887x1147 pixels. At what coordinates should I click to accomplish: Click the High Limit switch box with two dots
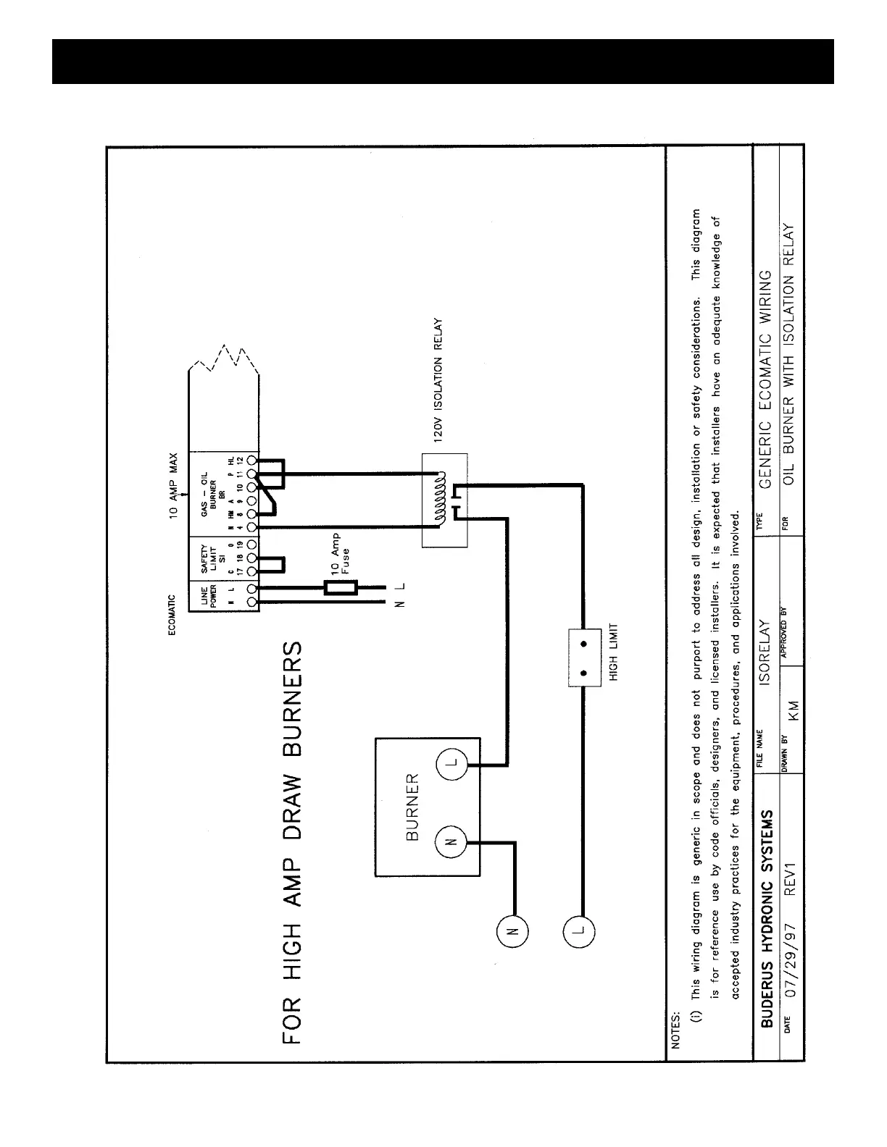[x=585, y=657]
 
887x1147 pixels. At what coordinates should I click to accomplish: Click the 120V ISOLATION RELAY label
[x=438, y=381]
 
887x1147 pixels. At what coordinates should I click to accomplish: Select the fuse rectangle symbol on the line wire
[x=339, y=587]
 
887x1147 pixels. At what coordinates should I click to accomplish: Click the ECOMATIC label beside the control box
[x=172, y=615]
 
